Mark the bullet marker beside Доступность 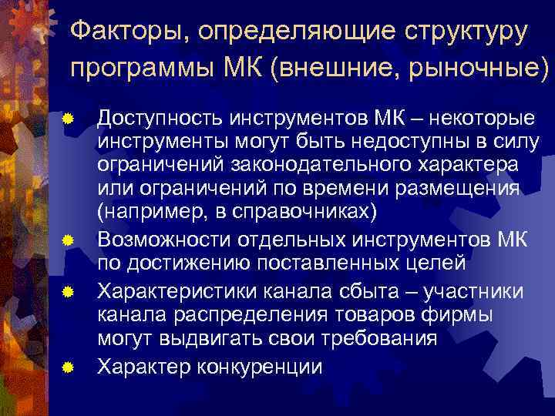click(68, 119)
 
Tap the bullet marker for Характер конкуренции click(68, 369)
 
